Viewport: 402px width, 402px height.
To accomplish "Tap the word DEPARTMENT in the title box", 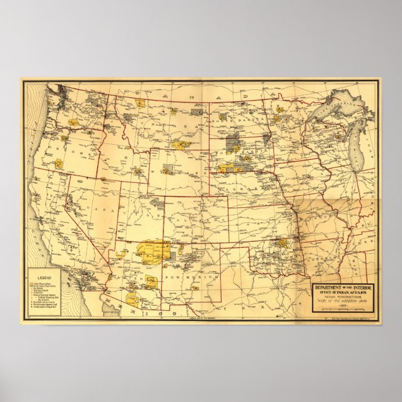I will pyautogui.click(x=330, y=287).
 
